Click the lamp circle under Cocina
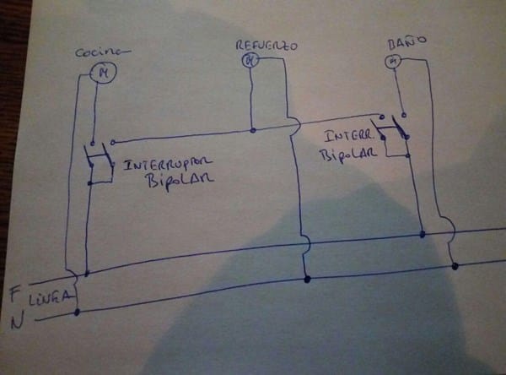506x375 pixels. [x=105, y=73]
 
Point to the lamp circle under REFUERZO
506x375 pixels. [x=249, y=59]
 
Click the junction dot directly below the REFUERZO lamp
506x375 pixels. [x=253, y=130]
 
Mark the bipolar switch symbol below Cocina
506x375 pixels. [x=99, y=162]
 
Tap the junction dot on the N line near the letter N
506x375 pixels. [x=77, y=312]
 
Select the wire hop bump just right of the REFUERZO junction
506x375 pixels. [x=295, y=127]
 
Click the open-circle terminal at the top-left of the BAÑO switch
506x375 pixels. [x=383, y=117]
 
